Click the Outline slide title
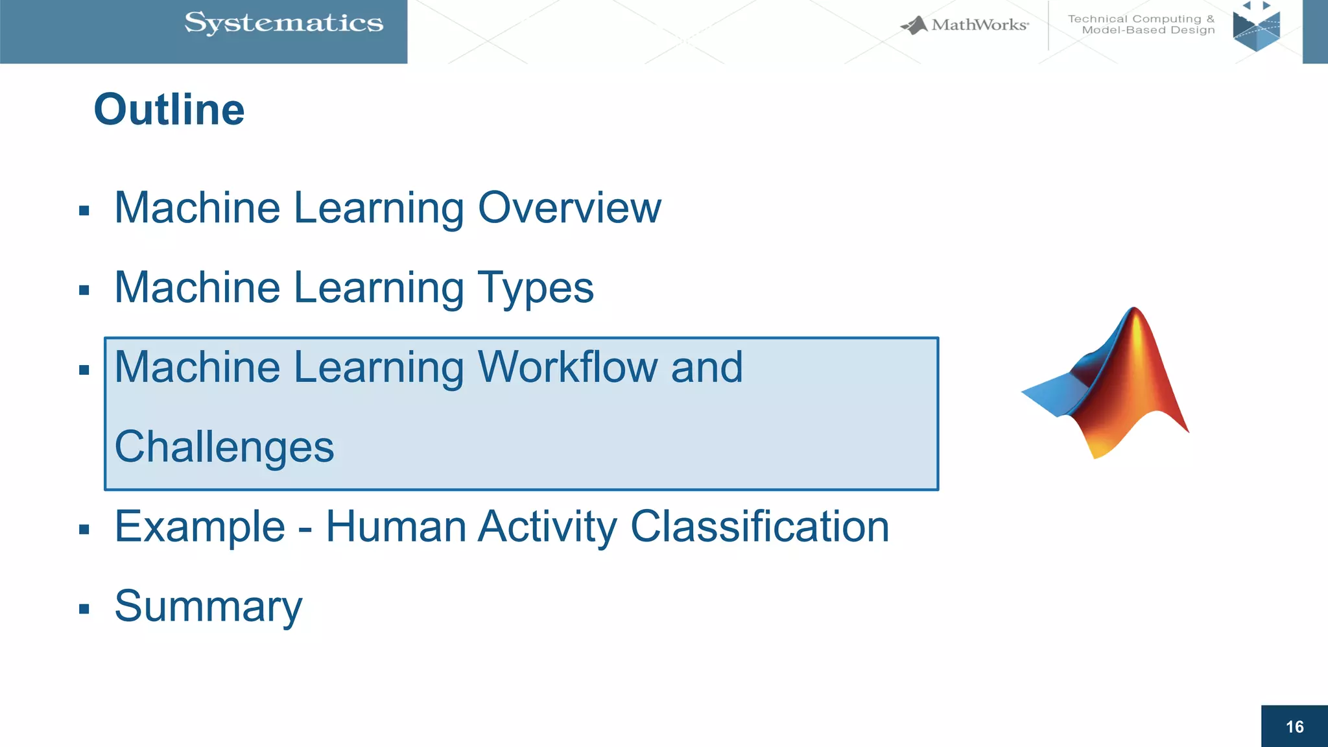pos(169,109)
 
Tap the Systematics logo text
pos(283,23)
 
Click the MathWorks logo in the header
pos(965,25)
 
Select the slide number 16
pos(1294,727)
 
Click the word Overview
pos(569,208)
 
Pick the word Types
pos(536,289)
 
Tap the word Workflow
pos(567,368)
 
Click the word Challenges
pos(224,447)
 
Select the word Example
pos(200,527)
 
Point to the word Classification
pos(759,527)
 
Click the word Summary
pos(208,607)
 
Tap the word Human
pos(396,527)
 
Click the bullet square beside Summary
pos(84,609)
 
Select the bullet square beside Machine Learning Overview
pos(84,210)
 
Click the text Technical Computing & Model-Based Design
pos(1141,25)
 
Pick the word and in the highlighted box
pos(706,368)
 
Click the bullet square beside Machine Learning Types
pos(84,290)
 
